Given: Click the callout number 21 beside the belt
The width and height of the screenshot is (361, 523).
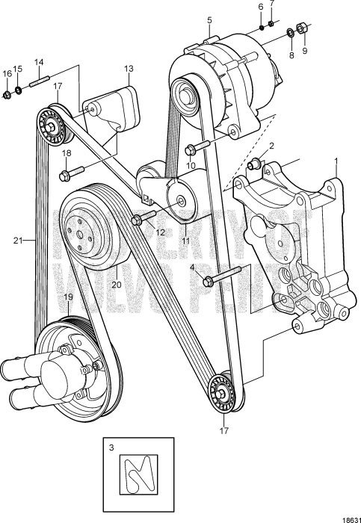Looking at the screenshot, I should [x=17, y=241].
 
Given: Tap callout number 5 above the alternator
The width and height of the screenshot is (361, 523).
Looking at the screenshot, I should [x=210, y=19].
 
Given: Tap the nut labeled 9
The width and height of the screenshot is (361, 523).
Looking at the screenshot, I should [x=302, y=29].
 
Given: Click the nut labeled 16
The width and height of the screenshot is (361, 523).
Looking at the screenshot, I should [x=7, y=95].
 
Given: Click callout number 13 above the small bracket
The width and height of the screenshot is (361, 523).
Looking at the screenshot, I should [x=129, y=69].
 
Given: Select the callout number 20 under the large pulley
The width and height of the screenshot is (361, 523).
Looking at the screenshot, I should [x=116, y=285].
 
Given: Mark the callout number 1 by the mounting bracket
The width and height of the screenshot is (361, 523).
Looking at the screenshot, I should [x=336, y=161].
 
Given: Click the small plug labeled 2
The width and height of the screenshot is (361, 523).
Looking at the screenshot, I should [x=255, y=163].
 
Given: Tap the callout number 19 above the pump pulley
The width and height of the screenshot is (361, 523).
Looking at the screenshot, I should [x=67, y=298].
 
